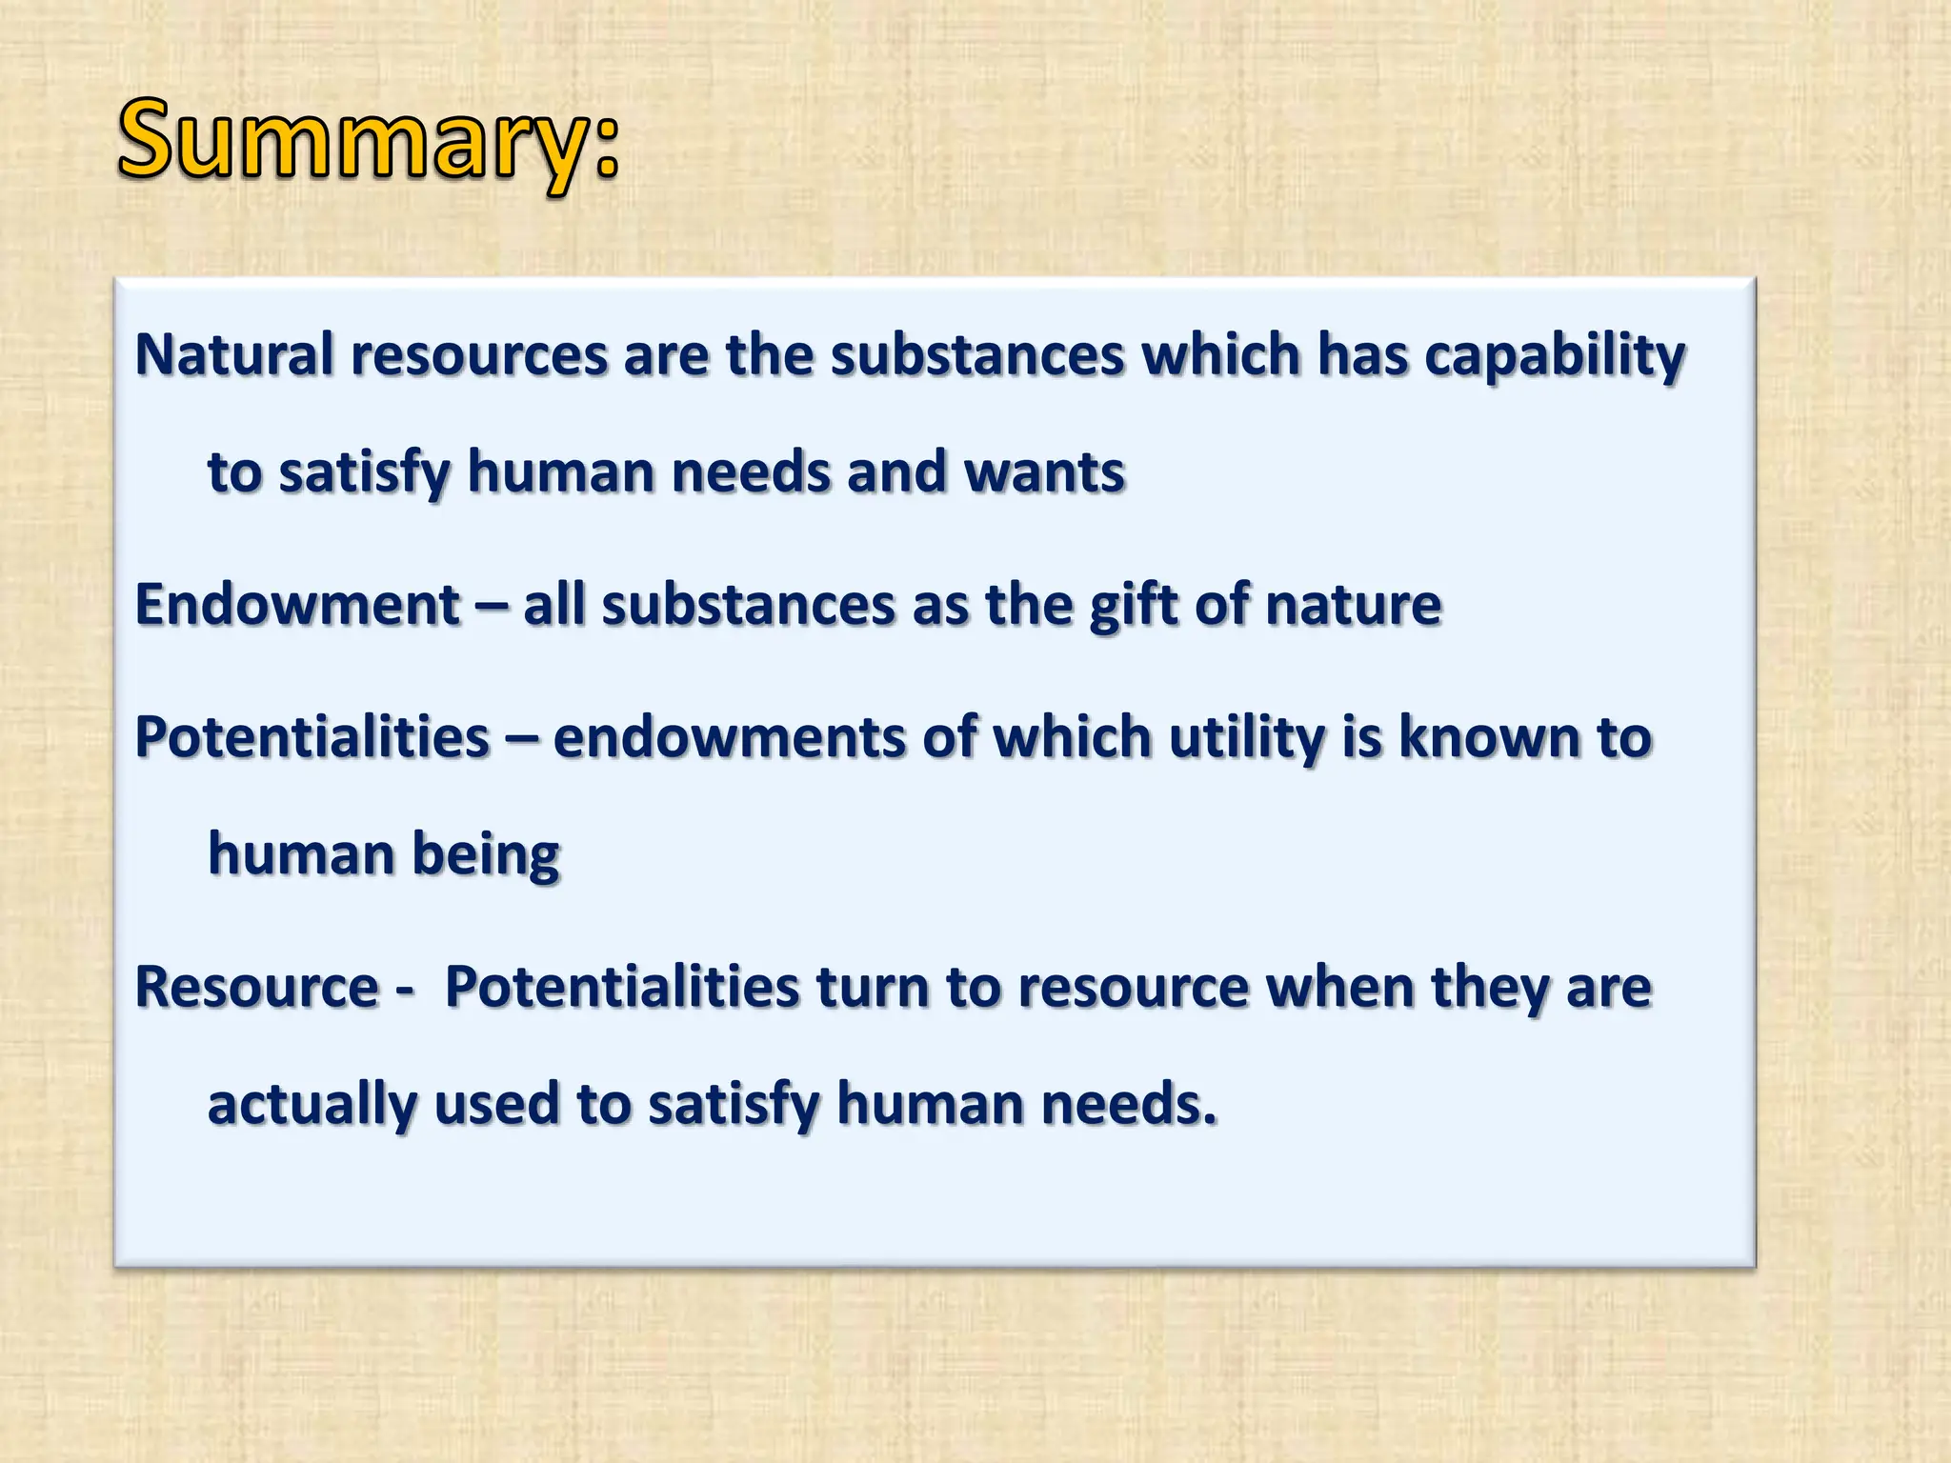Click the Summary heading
[367, 143]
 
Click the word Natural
[233, 355]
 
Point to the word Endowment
[298, 605]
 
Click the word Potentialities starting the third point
[312, 738]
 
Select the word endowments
[729, 738]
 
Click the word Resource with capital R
[257, 988]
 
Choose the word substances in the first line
[977, 355]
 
